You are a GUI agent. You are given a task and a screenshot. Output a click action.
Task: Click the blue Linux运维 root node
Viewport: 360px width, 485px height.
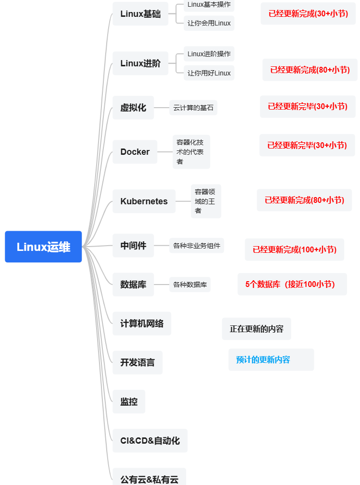pyautogui.click(x=43, y=247)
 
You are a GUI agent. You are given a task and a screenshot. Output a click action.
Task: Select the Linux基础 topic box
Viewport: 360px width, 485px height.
pyautogui.click(x=140, y=14)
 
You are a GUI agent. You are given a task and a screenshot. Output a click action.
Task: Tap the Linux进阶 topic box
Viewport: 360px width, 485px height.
pyautogui.click(x=140, y=63)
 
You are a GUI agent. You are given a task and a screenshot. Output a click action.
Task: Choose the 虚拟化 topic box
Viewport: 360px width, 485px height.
pyautogui.click(x=133, y=108)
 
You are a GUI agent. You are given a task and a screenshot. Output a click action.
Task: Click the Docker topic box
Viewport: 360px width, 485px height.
pyautogui.click(x=135, y=152)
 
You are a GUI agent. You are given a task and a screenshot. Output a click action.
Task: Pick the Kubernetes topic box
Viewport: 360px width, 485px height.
pyautogui.click(x=144, y=201)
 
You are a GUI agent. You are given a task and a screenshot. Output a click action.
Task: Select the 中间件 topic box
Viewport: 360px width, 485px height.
pyautogui.click(x=133, y=246)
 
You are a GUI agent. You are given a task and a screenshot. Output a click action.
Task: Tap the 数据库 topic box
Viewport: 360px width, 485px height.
pyautogui.click(x=133, y=285)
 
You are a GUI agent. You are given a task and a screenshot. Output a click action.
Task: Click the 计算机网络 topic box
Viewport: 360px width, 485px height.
pyautogui.click(x=142, y=323)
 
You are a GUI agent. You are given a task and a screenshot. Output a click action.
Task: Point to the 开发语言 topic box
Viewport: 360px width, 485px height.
pyautogui.click(x=137, y=362)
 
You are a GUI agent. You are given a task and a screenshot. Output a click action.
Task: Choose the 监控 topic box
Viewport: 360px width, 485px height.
pyautogui.click(x=129, y=401)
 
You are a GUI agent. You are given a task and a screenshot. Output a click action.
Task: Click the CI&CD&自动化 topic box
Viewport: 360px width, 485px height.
pyautogui.click(x=150, y=440)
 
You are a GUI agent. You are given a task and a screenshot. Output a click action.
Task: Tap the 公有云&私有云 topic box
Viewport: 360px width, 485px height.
pyautogui.click(x=149, y=479)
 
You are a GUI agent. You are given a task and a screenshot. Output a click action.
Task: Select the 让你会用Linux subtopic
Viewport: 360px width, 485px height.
pyautogui.click(x=209, y=23)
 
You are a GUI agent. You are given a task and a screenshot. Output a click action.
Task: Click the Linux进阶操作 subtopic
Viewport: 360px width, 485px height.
pyautogui.click(x=209, y=54)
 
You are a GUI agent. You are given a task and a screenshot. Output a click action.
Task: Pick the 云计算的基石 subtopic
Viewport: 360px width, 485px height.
pyautogui.click(x=193, y=108)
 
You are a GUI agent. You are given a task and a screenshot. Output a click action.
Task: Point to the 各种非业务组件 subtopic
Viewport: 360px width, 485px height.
pyautogui.click(x=197, y=246)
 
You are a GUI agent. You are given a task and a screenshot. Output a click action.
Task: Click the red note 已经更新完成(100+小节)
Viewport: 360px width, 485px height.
pyautogui.click(x=294, y=249)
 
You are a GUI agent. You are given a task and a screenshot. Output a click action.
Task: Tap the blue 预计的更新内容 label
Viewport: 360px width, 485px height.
pyautogui.click(x=271, y=360)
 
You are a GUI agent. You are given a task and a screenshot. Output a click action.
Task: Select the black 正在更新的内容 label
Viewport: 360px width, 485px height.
pyautogui.click(x=256, y=329)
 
